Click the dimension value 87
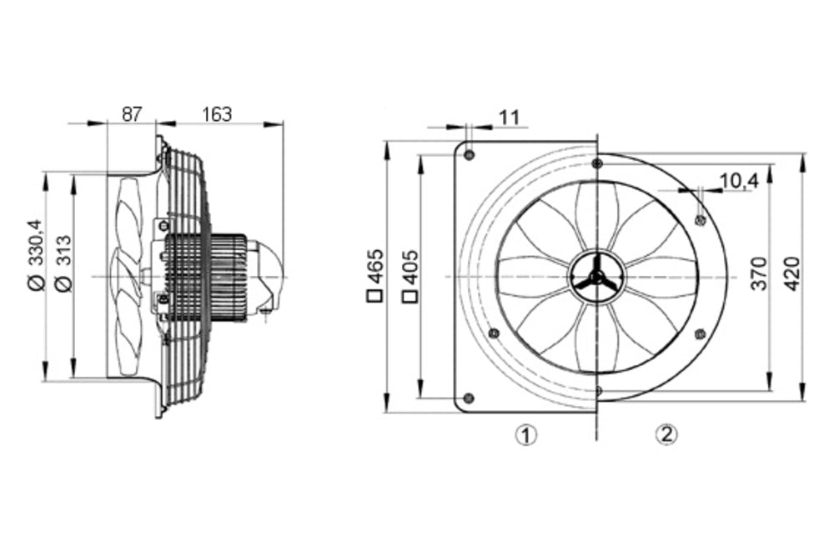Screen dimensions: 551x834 pos(132,114)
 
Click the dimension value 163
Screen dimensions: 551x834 pos(217,114)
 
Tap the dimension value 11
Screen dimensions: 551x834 pos(509,118)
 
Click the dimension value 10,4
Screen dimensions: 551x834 pos(736,180)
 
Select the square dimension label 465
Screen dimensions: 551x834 pos(376,267)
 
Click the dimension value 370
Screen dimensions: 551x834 pos(758,274)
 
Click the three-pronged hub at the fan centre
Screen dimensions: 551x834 pos(595,278)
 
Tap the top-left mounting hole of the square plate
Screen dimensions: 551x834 pos(470,155)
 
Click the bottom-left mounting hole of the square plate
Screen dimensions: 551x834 pos(469,397)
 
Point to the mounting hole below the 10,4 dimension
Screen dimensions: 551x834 pos(700,220)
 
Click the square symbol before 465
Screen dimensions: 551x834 pos(376,293)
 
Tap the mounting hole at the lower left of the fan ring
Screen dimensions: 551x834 pos(493,333)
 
